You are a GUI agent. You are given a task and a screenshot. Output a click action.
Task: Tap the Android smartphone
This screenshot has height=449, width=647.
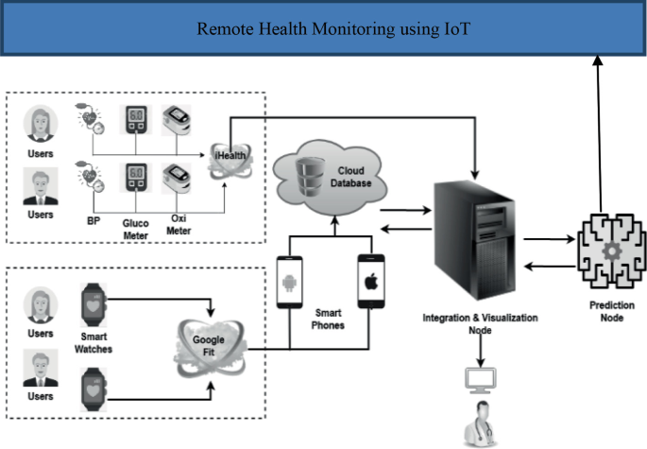coord(290,283)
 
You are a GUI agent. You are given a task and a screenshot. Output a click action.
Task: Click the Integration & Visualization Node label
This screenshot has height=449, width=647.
coord(480,324)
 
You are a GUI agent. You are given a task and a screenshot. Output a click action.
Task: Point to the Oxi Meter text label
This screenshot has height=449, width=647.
coord(177,223)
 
